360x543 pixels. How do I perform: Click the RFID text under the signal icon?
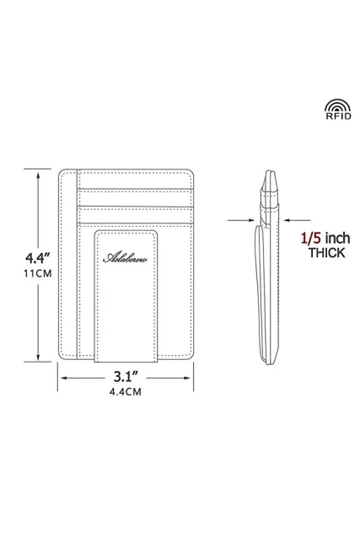tap(338, 116)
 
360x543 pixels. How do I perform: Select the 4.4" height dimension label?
tap(38, 258)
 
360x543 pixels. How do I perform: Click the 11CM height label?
tap(38, 273)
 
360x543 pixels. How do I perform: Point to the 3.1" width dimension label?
tap(126, 376)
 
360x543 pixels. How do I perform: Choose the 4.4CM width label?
tap(126, 392)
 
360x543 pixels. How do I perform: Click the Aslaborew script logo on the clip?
tap(125, 258)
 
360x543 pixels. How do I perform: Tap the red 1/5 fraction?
tap(312, 239)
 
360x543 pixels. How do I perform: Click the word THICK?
tap(327, 253)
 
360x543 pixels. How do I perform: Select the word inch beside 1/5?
tap(337, 239)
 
